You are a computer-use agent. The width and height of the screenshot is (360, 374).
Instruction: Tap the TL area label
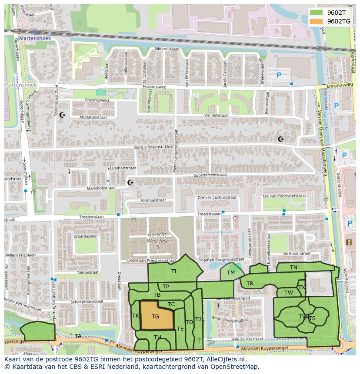tap(174, 271)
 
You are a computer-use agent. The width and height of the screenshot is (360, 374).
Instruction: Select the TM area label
tap(231, 273)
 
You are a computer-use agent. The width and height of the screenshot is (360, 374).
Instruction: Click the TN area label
tap(294, 268)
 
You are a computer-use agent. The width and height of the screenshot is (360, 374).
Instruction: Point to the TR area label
tap(250, 284)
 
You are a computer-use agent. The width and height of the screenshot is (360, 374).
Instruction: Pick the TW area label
tap(289, 293)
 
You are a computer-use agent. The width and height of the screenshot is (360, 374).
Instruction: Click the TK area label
tap(136, 316)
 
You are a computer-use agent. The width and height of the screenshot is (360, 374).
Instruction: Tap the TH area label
tap(157, 338)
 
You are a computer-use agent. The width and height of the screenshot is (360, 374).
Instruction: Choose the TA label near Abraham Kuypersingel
tap(78, 336)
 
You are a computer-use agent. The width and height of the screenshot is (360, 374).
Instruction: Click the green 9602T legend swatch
tap(317, 13)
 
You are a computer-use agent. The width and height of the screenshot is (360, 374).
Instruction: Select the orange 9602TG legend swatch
tap(317, 21)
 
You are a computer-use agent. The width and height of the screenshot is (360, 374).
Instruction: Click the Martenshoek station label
tap(35, 38)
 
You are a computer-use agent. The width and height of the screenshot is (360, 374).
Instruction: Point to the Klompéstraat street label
tap(153, 201)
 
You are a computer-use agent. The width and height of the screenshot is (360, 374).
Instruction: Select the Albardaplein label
tap(85, 237)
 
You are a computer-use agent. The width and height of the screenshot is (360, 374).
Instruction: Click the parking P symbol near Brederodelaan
tap(279, 75)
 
